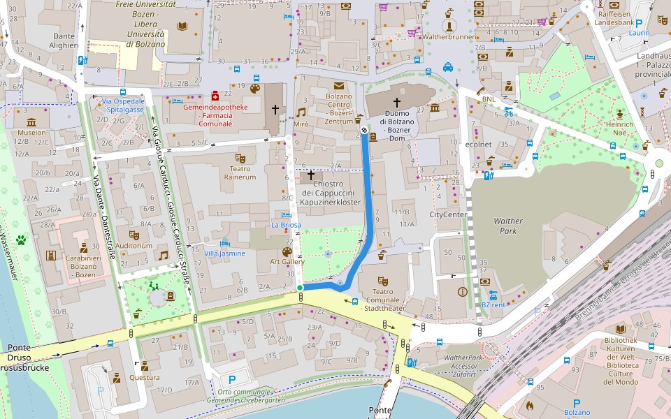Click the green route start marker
[300, 288]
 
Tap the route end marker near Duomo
[364, 130]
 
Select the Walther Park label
[508, 225]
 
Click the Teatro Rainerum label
[240, 172]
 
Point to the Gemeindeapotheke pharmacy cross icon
[215, 95]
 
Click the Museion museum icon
[31, 120]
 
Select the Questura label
[145, 378]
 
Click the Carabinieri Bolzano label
[83, 262]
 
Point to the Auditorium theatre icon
[134, 235]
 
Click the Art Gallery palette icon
[287, 251]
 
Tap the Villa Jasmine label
[224, 253]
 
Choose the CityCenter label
[448, 214]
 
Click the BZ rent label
[493, 305]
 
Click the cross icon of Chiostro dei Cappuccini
[311, 175]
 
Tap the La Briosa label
[286, 225]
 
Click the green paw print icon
[22, 241]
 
